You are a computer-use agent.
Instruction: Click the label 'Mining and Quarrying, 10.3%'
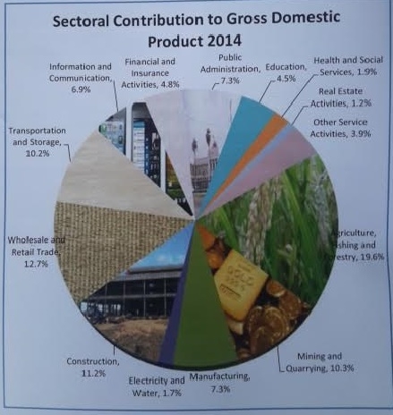318,360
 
